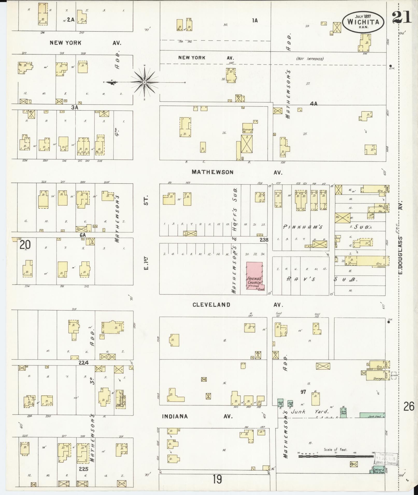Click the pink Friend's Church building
click(254, 276)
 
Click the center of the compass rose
click(145, 82)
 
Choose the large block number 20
click(25, 245)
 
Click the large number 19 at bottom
click(217, 479)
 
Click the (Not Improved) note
click(310, 59)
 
